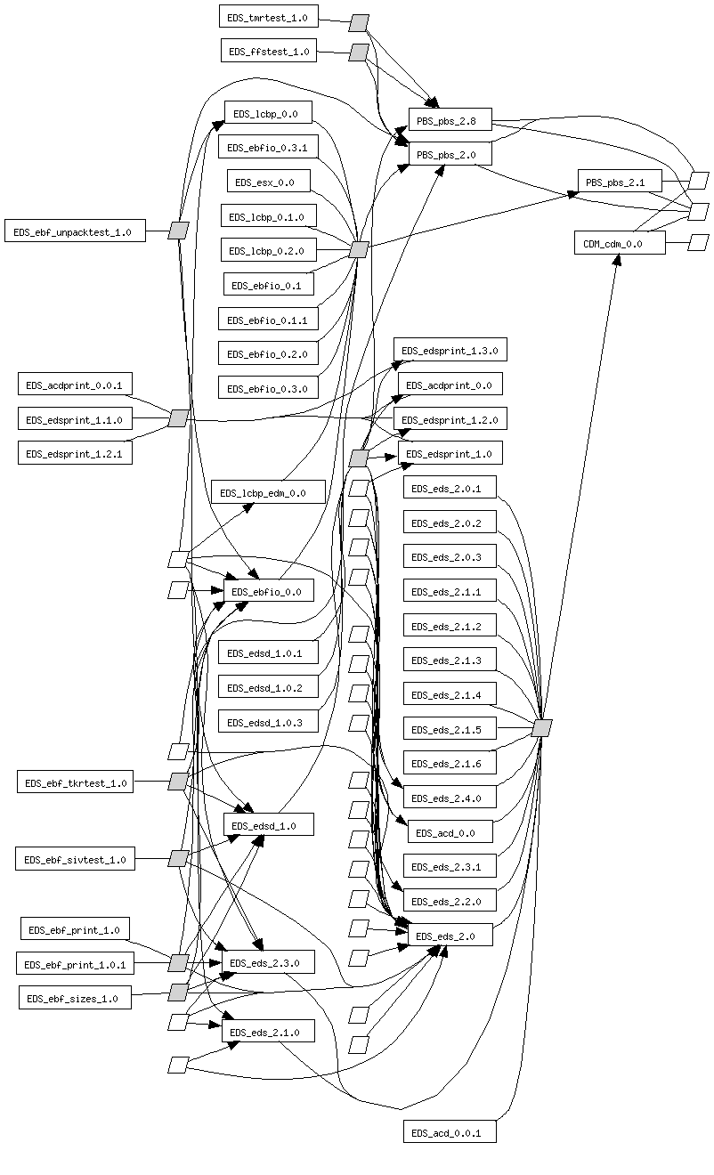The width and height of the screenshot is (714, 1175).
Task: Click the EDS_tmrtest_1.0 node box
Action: coord(267,17)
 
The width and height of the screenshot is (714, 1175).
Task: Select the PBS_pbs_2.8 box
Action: coord(450,120)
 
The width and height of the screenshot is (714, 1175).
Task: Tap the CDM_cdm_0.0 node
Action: coord(619,243)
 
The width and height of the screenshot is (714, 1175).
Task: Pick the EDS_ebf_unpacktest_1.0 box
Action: coord(74,231)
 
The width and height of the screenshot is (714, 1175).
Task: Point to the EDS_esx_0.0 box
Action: coord(267,182)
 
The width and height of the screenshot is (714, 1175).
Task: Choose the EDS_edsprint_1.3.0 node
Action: coord(450,350)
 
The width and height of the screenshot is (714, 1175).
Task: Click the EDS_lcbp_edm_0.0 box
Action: coord(267,492)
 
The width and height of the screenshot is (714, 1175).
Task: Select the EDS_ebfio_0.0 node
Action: coord(267,591)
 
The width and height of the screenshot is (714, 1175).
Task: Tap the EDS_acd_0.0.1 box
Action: coord(449,1132)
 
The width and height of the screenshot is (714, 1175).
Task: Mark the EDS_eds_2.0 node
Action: coord(450,936)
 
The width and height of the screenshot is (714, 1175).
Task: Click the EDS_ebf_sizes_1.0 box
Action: coord(75,998)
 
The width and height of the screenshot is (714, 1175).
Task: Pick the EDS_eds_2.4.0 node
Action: coord(449,798)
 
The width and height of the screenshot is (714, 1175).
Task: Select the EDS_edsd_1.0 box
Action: coord(268,825)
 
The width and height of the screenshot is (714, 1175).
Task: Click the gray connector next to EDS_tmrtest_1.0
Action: coord(359,22)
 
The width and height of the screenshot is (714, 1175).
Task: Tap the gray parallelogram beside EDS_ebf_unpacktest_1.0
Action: coord(179,231)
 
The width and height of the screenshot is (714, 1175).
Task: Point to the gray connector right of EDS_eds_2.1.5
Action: coord(542,728)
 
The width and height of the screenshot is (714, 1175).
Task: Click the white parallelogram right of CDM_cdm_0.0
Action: coord(698,242)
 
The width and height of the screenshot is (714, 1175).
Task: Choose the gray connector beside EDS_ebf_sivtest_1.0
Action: coord(178,859)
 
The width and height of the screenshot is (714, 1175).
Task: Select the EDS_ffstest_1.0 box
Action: coord(269,52)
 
